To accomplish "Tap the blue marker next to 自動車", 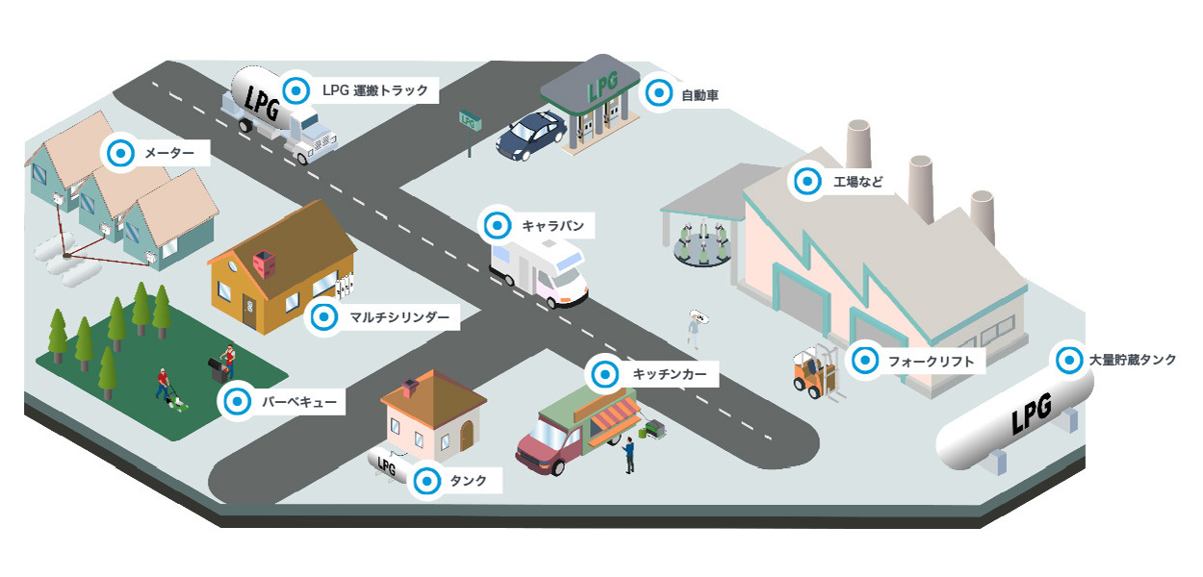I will point(659,93).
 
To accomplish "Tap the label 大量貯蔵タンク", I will point(1131,361).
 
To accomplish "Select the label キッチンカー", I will point(665,371).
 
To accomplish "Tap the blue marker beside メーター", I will point(120,152).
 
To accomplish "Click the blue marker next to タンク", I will point(425,481).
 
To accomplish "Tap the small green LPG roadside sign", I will point(470,120).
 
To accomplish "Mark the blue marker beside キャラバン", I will point(498,226).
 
